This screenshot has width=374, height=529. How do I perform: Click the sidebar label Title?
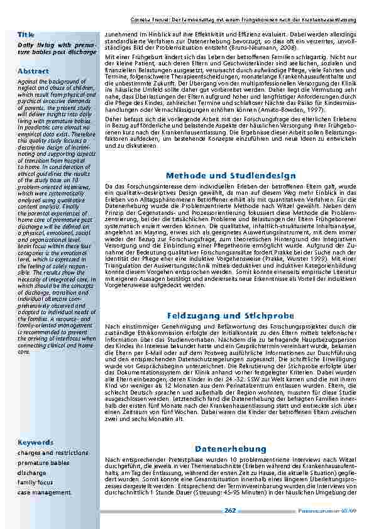point(26,33)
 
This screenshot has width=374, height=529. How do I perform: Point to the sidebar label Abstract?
point(33,71)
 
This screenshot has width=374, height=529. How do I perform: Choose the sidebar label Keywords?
point(36,442)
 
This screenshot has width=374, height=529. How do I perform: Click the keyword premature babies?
point(43,462)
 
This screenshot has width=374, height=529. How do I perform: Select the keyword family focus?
point(35,483)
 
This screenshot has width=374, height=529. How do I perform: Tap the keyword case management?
point(45,493)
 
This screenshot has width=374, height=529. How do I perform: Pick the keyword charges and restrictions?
point(53,452)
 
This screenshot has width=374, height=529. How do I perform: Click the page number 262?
point(230,511)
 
